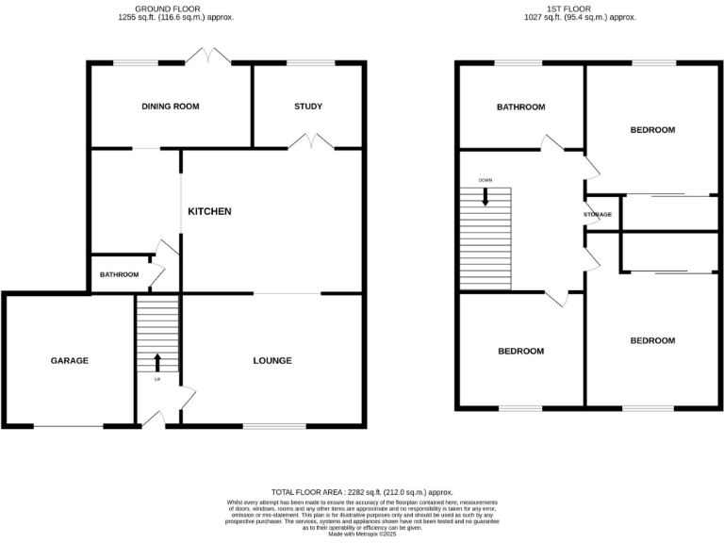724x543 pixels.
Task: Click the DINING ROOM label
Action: click(171, 107)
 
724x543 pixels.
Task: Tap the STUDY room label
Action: click(307, 107)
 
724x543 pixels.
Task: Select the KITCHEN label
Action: click(209, 211)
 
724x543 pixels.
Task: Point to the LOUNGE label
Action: click(272, 360)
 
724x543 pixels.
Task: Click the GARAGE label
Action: click(69, 360)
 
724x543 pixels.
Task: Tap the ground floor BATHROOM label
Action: click(119, 274)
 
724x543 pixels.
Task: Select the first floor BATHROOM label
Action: click(521, 107)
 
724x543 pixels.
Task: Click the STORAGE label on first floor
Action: click(598, 215)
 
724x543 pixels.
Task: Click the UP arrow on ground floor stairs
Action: click(157, 362)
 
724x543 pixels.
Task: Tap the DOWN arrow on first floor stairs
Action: click(485, 196)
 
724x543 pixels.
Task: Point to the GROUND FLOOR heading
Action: click(184, 8)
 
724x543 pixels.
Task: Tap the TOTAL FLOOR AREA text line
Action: click(362, 492)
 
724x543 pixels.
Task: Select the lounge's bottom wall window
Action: click(274, 426)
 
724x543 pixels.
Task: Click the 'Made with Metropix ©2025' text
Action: click(362, 535)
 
